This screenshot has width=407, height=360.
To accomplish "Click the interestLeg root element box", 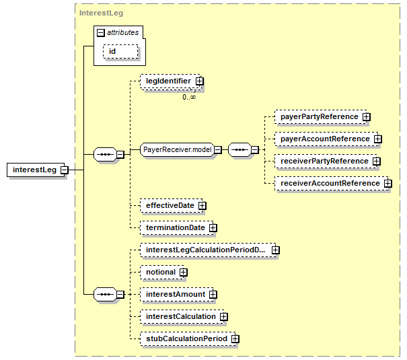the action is (x=36, y=170).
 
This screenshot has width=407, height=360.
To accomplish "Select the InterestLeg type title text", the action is (x=101, y=13).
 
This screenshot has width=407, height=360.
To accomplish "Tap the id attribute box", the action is (x=120, y=51).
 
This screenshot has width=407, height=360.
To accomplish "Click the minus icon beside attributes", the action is (x=101, y=33).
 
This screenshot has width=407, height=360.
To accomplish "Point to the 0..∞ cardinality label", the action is (x=189, y=97).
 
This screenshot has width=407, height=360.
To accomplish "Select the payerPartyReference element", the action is (x=321, y=117).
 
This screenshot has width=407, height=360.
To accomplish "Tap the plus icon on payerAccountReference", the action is (x=378, y=139).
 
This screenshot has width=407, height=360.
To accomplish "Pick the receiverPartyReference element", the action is (x=326, y=161).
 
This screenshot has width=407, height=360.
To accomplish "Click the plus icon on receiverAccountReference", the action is (x=388, y=184).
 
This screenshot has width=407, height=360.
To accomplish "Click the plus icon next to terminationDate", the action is (x=213, y=228).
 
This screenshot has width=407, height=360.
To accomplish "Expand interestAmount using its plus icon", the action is (x=213, y=294).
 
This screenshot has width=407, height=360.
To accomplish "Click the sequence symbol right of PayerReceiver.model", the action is (x=240, y=150).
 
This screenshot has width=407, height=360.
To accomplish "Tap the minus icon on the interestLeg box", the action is (x=65, y=170).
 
